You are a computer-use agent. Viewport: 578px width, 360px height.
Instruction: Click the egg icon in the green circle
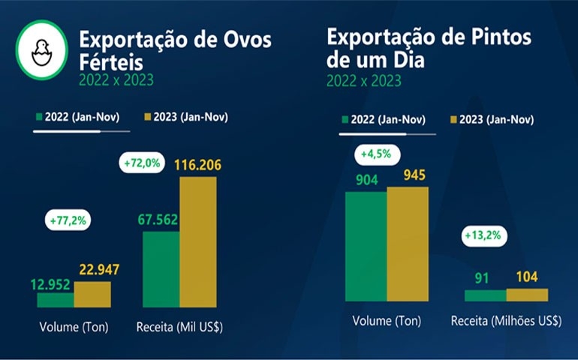point(42,50)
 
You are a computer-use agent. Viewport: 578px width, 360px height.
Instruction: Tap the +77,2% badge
point(68,221)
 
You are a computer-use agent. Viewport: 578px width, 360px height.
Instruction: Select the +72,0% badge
point(142,162)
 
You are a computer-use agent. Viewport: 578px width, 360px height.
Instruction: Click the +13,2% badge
point(482,235)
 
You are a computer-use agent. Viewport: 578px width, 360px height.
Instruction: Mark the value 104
point(527,277)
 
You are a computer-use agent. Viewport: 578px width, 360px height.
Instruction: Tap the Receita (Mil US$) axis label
point(180,327)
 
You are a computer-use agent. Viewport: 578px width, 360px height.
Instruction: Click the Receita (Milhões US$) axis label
point(506,321)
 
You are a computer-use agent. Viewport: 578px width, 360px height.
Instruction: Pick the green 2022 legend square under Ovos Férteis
point(38,117)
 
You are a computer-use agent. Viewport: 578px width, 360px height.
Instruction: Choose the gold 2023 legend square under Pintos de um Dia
point(453,120)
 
